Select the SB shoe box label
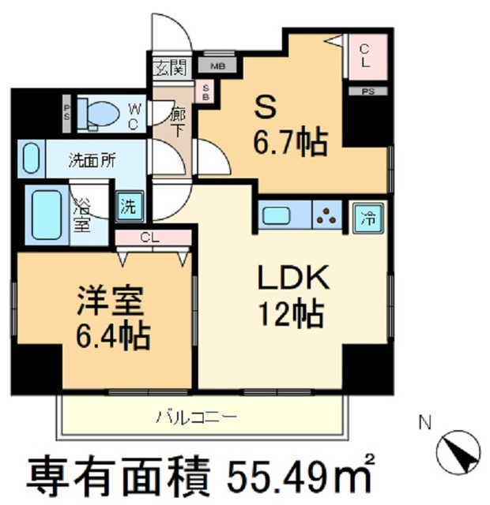[x=206, y=93]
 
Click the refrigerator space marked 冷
[x=367, y=215]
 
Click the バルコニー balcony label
[x=201, y=414]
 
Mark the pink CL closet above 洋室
[x=153, y=238]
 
